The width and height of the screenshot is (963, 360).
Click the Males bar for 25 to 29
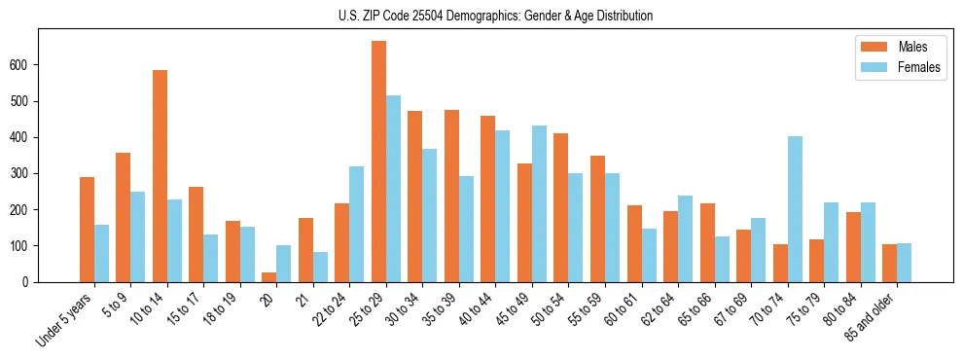pos(378,162)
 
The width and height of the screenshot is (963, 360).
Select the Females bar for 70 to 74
pos(795,209)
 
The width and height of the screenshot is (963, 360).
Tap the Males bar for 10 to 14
pos(160,176)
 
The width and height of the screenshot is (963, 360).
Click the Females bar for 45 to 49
pos(539,204)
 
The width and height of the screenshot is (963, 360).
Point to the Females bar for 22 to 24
pos(357,224)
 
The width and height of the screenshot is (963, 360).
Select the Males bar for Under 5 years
pos(87,230)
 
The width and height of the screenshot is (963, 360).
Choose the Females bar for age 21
pos(320,268)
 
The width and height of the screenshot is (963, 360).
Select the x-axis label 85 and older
pos(874,317)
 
